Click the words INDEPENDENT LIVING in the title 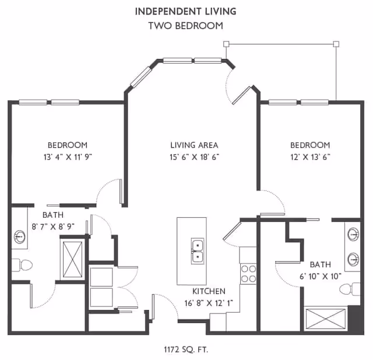pos(186,11)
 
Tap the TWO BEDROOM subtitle pos(186,26)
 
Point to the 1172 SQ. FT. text pos(186,350)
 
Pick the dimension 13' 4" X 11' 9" pos(68,157)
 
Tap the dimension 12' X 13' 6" pos(310,157)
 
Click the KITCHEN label pos(209,291)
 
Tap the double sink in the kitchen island pos(198,250)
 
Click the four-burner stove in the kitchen pos(248,274)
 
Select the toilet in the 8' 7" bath pos(24,265)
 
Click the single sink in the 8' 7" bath pos(19,237)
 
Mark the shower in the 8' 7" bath pos(73,256)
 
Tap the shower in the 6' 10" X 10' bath pos(326,320)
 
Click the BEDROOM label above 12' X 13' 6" pos(310,145)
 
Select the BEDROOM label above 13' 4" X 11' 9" pos(68,145)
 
